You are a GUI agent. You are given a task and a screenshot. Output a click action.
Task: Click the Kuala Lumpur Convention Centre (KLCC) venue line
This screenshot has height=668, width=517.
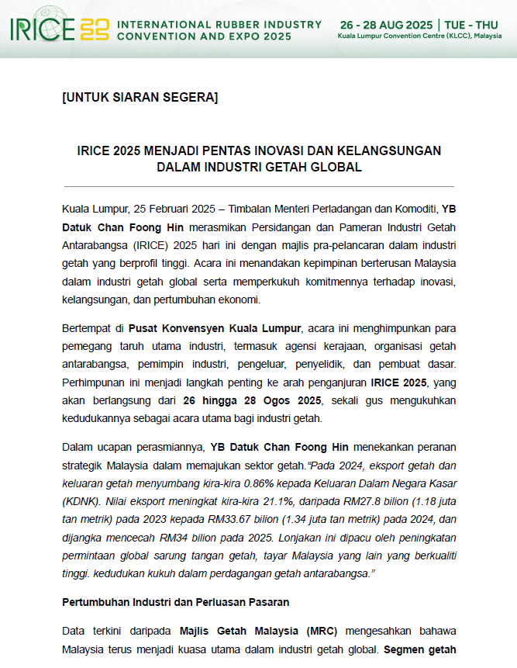point(419,36)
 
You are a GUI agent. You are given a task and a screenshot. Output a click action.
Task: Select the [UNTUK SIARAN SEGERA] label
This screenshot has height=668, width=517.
point(140,98)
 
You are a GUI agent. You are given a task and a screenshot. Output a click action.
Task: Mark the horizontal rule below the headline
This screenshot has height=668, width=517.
point(258,186)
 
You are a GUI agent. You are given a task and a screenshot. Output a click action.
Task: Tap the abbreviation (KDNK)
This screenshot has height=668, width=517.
point(82,502)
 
